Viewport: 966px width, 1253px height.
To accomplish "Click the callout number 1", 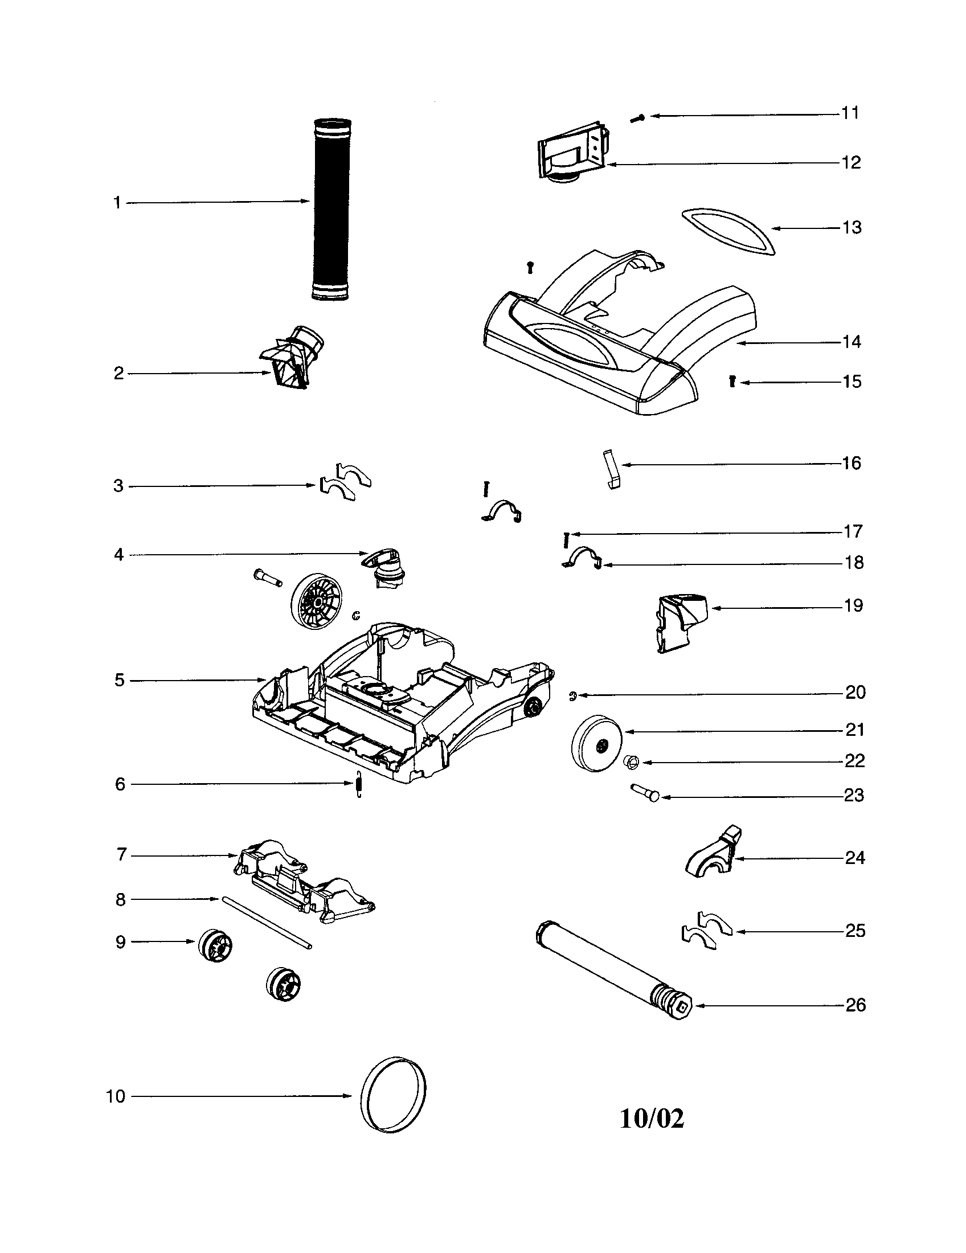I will point(117,203).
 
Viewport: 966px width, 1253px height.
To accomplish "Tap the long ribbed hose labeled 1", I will point(332,210).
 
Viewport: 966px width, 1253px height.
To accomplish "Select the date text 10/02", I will point(652,1119).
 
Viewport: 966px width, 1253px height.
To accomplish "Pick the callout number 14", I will point(852,342).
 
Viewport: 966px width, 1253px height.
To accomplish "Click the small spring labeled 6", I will point(358,784).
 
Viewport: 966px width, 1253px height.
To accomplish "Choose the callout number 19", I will point(854,606).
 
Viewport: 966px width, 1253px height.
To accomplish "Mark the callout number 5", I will point(119,681).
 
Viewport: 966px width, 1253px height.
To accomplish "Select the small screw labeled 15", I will point(732,381).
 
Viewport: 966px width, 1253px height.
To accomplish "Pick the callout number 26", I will point(856,1005).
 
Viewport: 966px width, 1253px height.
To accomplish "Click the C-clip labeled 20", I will point(572,696).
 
